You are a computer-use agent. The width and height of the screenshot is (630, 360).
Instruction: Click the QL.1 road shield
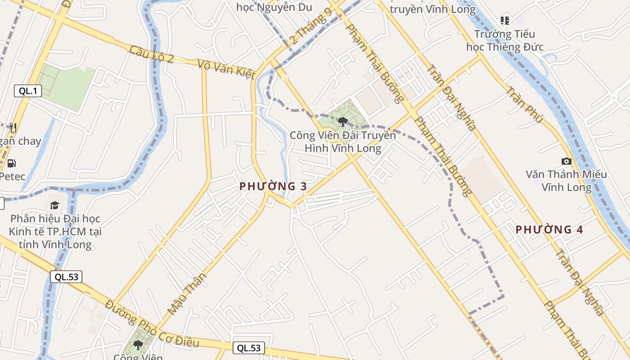point(28,91)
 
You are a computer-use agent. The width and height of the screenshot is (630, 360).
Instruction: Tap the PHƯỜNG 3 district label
point(273,186)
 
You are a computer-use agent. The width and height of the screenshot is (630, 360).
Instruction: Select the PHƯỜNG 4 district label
point(549,229)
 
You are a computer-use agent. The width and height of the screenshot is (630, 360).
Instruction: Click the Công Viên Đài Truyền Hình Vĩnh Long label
point(343,141)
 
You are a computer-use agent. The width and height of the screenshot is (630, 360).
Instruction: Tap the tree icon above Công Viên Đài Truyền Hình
point(343,121)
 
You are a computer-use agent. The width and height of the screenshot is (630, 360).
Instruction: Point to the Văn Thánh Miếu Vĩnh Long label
point(567,180)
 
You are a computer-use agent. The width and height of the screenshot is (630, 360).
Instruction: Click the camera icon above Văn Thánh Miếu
point(567,161)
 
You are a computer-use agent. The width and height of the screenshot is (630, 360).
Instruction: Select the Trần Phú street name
point(524,104)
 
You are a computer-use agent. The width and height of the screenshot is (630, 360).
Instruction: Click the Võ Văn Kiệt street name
point(227,69)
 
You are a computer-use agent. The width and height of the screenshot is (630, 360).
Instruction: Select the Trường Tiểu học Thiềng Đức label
point(505,40)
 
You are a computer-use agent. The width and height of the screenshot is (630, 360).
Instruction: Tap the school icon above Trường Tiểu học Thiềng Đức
point(505,20)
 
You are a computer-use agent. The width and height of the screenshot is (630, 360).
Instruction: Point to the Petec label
point(12,176)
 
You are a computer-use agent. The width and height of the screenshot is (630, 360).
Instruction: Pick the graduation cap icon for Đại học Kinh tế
point(55,206)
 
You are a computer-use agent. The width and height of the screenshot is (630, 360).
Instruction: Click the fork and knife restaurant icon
point(13,128)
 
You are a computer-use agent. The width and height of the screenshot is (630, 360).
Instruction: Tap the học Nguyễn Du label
point(274,7)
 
